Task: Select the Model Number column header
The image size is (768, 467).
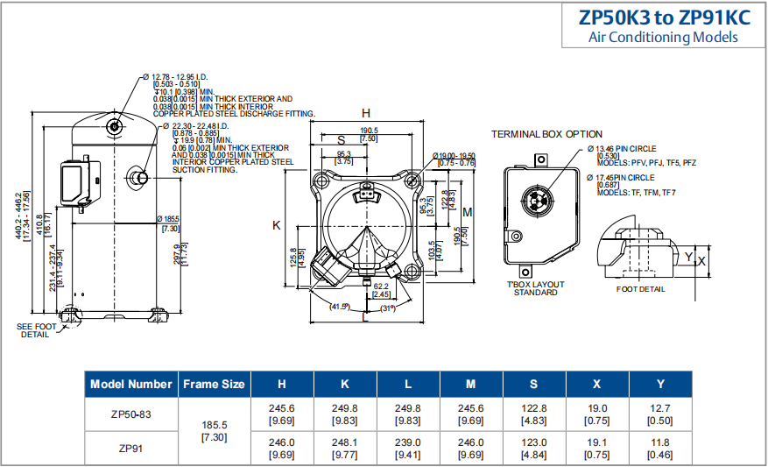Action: (131, 384)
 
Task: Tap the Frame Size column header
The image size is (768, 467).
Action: (214, 384)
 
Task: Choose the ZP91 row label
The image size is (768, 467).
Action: (131, 448)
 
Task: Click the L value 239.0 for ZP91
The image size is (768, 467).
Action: (408, 442)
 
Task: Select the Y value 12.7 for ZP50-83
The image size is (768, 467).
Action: (660, 408)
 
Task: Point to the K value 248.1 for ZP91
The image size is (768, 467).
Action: (345, 442)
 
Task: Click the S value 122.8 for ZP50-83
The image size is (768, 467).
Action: (534, 408)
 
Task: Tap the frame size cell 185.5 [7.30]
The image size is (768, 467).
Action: (214, 429)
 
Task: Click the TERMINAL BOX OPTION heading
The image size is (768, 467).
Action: (546, 134)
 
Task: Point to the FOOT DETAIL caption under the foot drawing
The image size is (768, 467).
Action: (640, 289)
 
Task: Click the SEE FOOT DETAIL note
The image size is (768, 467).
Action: (36, 330)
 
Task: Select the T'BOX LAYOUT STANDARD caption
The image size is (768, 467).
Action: (535, 288)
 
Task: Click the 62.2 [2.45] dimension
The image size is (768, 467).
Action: (381, 290)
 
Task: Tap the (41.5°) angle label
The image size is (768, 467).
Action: (340, 307)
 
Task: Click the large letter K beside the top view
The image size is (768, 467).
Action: (277, 225)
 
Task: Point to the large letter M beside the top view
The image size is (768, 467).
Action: (468, 213)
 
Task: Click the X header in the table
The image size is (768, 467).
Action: (597, 384)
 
